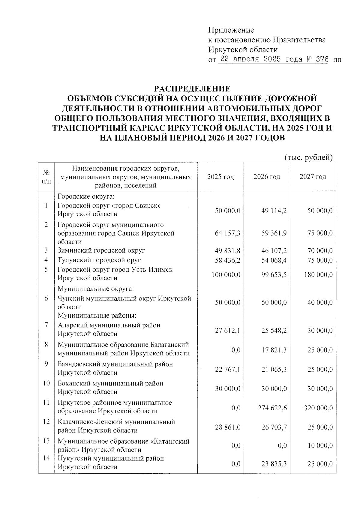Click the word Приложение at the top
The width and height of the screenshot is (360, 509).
pos(231,30)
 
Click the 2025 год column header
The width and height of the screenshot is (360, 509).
pos(220,177)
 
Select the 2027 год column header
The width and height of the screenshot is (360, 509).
pos(313,177)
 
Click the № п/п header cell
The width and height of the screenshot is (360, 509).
pos(46,177)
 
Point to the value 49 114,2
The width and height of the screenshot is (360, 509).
pos(274,211)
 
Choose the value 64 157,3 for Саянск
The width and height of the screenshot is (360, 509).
pos(228,233)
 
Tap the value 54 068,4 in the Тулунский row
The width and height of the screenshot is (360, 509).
pos(274,260)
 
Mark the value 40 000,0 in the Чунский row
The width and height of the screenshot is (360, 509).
pos(320,303)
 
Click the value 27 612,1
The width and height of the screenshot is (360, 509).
pos(228,331)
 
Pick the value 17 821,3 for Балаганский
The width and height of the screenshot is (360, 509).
pos(274,350)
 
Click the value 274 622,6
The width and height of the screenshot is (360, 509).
pos(272,408)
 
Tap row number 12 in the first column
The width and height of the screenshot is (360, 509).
pos(46,422)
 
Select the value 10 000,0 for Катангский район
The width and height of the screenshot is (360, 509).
pos(320,446)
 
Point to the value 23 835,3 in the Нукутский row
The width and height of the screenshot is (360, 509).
pos(274,464)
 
